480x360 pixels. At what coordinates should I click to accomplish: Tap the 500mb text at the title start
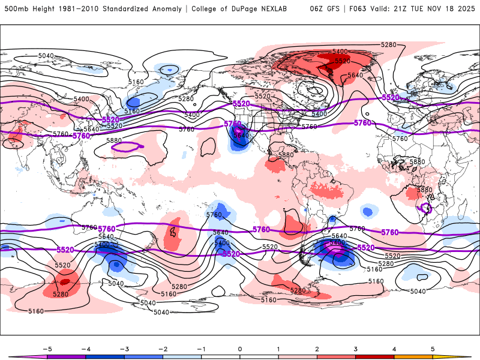pos(14,8)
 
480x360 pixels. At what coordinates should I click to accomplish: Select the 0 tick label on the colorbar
pos(239,348)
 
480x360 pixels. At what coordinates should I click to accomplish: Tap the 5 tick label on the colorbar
pos(433,348)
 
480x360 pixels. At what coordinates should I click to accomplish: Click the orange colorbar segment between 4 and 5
pos(413,356)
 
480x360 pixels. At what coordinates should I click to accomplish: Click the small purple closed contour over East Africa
pos(427,208)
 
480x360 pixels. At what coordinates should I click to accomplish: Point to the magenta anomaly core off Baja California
pos(239,130)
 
